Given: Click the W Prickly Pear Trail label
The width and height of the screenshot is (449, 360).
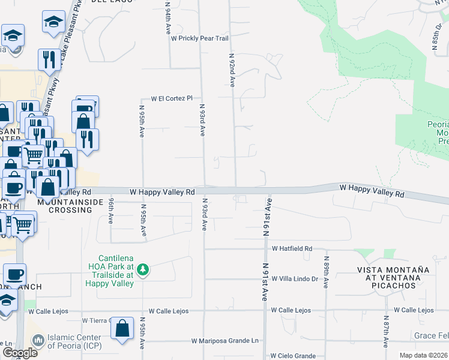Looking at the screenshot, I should [x=200, y=38].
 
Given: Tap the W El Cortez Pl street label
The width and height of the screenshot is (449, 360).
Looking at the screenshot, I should [x=172, y=98].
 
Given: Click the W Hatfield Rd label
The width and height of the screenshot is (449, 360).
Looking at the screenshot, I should [x=292, y=248].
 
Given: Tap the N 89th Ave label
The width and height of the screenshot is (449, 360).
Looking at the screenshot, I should [x=327, y=274].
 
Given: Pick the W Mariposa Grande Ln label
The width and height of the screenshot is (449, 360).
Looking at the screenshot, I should [x=225, y=341].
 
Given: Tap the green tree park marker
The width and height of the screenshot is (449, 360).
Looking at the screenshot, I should [x=143, y=271].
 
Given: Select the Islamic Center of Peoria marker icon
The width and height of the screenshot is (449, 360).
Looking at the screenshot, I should [x=38, y=341].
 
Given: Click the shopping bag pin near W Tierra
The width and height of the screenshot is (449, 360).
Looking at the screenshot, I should [x=122, y=329].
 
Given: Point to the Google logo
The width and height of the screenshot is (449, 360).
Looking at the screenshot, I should [x=19, y=353].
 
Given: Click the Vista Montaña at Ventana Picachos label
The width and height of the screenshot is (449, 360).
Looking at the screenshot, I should [x=394, y=278].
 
